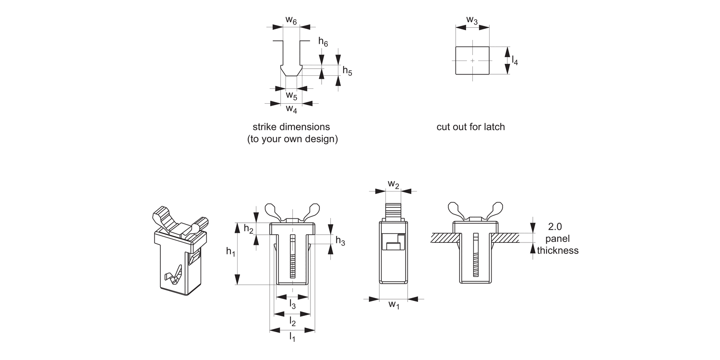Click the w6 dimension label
click(291, 20)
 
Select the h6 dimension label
click(323, 42)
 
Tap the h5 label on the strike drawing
click(347, 72)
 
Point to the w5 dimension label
click(291, 96)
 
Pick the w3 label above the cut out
click(472, 20)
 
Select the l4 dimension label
click(515, 60)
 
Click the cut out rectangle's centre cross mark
click(472, 61)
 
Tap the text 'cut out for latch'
click(470, 127)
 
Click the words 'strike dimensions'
click(291, 127)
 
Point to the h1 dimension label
click(231, 251)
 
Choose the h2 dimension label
click(249, 228)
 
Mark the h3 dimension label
click(340, 240)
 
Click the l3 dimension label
click(292, 304)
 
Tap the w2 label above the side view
click(393, 184)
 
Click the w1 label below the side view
click(394, 305)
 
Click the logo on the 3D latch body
click(173, 276)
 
